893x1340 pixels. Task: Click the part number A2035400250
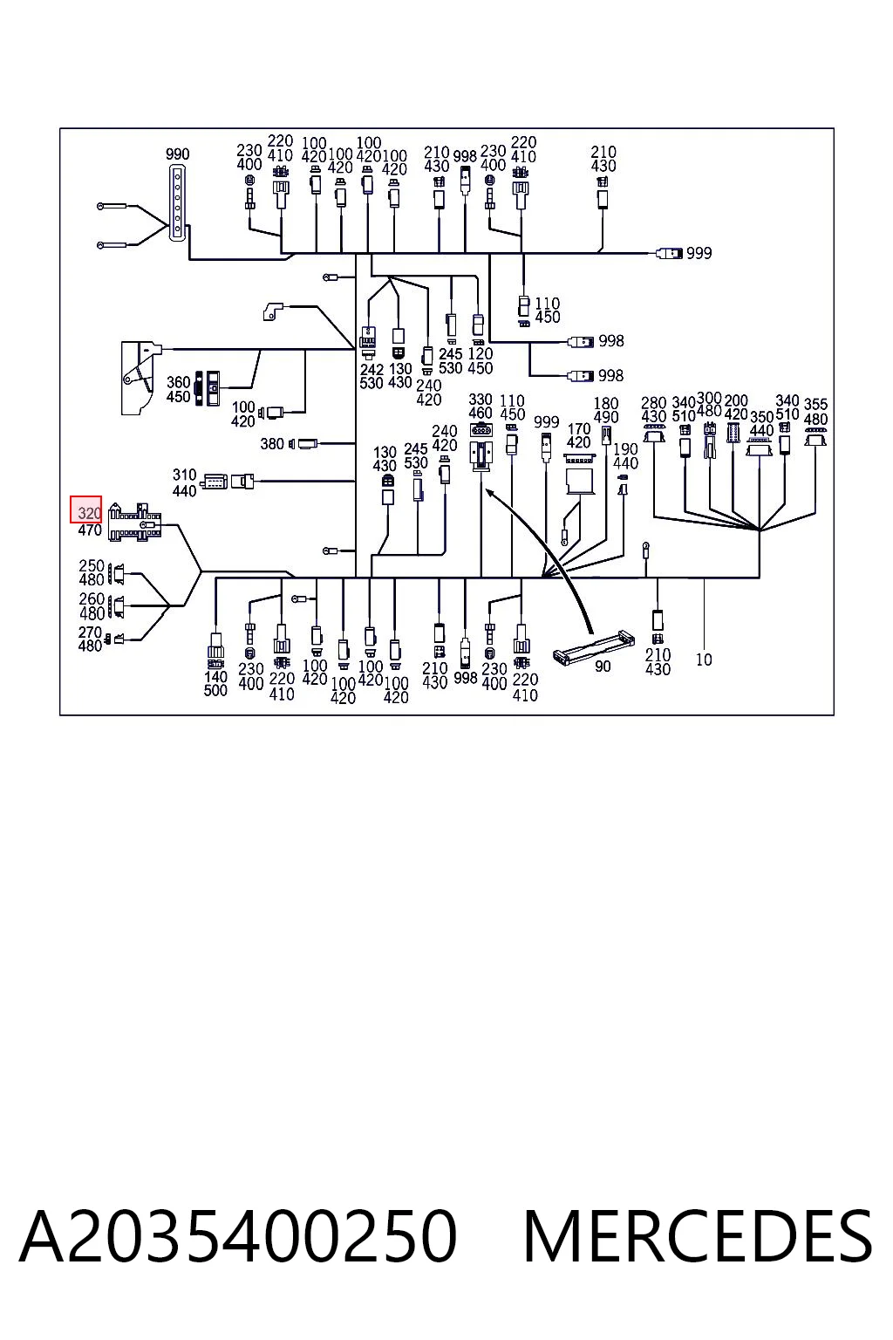point(238,1236)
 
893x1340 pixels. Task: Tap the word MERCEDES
point(698,1236)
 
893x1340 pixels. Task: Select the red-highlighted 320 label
point(89,513)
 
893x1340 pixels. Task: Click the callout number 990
point(178,154)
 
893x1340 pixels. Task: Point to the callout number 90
point(603,666)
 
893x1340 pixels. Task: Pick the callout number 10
point(704,660)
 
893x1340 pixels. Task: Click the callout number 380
point(272,444)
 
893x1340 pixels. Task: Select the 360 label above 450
point(178,382)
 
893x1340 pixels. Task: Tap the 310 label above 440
point(184,475)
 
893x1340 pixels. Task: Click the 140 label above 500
point(215,677)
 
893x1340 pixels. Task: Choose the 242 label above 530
point(372,370)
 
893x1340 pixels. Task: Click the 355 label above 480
point(816,405)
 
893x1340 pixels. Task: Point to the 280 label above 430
point(653,403)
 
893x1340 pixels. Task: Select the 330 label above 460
point(481,399)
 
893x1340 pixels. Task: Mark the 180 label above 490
point(606,403)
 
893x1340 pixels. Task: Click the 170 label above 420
point(579,429)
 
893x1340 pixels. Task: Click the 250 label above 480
point(92,566)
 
